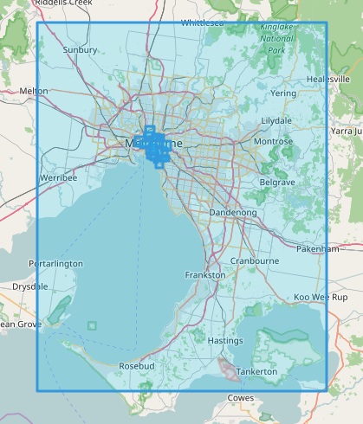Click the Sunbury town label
80,50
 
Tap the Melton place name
34,91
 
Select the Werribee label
58,177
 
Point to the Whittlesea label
203,23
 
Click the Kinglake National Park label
276,39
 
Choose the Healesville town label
327,80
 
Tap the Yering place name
282,93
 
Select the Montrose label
274,142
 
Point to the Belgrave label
278,183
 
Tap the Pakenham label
317,248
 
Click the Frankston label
205,275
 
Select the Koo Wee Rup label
321,297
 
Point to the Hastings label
225,341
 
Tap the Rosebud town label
136,366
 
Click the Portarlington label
55,263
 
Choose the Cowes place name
240,397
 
